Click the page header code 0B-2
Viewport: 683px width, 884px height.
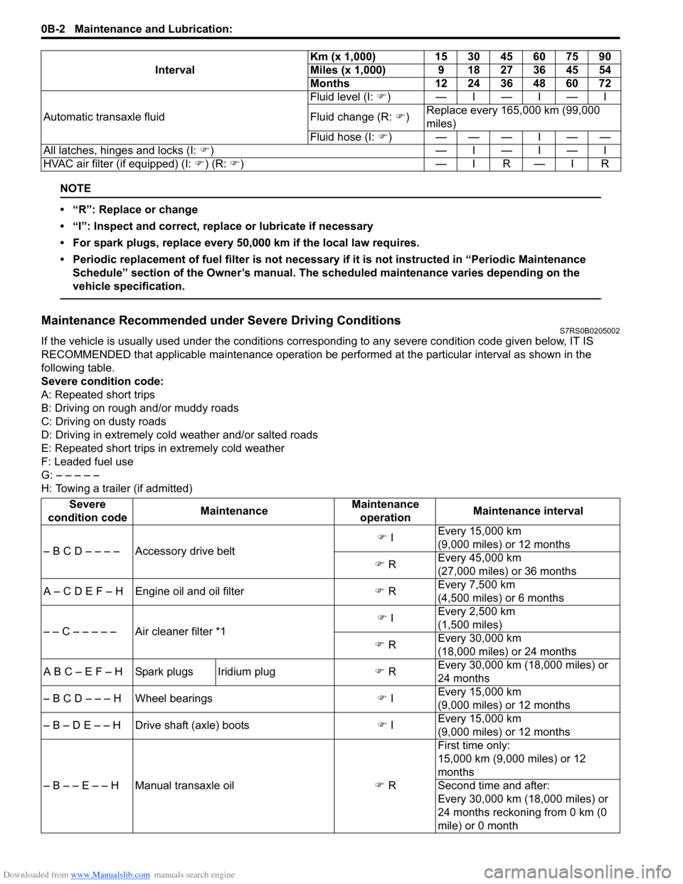tap(53, 29)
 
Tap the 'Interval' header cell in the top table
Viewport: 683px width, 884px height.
tap(174, 70)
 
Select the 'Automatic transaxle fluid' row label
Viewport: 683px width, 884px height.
tap(104, 117)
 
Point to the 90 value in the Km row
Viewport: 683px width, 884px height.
tap(604, 57)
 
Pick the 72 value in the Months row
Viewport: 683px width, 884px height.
tap(604, 83)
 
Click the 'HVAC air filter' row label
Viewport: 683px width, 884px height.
tap(143, 164)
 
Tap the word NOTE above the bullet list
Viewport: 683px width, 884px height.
tap(75, 189)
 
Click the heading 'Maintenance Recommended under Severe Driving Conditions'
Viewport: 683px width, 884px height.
tap(221, 320)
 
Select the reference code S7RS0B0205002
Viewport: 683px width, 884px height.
tap(589, 331)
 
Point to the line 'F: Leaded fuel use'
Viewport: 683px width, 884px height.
tap(88, 461)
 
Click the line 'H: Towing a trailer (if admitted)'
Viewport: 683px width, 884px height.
tap(117, 488)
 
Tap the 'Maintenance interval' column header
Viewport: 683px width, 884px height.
tap(527, 511)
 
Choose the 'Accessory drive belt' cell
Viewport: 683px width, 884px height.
tap(185, 551)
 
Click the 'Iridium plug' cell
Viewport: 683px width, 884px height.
tap(246, 671)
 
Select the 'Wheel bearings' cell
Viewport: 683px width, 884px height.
tap(174, 698)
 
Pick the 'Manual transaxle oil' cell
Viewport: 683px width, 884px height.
tap(184, 785)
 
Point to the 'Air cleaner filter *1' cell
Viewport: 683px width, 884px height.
tap(180, 631)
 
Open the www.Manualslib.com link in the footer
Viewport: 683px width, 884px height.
tap(110, 875)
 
